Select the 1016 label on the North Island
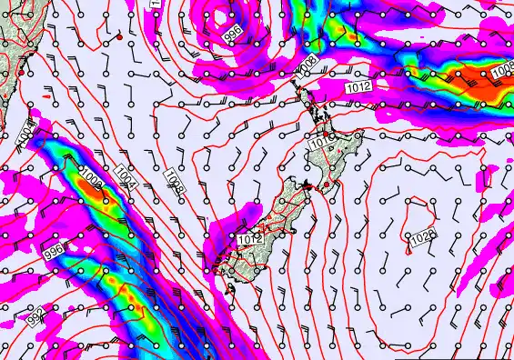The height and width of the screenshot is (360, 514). [319, 142]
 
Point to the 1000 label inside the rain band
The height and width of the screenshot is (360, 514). [91, 174]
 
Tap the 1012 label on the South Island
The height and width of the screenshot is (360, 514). [250, 238]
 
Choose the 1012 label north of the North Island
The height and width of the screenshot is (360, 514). [358, 86]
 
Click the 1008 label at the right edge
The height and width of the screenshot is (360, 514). [502, 67]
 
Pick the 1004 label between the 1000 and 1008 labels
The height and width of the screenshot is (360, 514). [126, 176]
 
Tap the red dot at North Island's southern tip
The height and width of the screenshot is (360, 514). [326, 185]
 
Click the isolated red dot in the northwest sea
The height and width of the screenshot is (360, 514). [119, 39]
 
